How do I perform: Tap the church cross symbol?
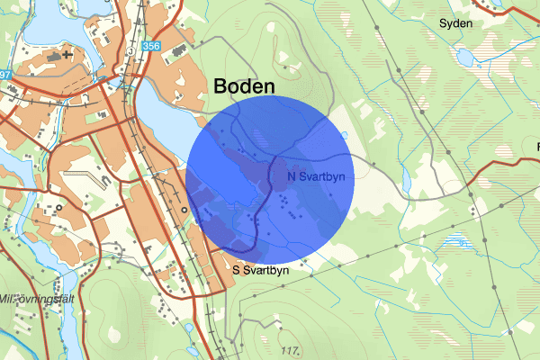point(80,54)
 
